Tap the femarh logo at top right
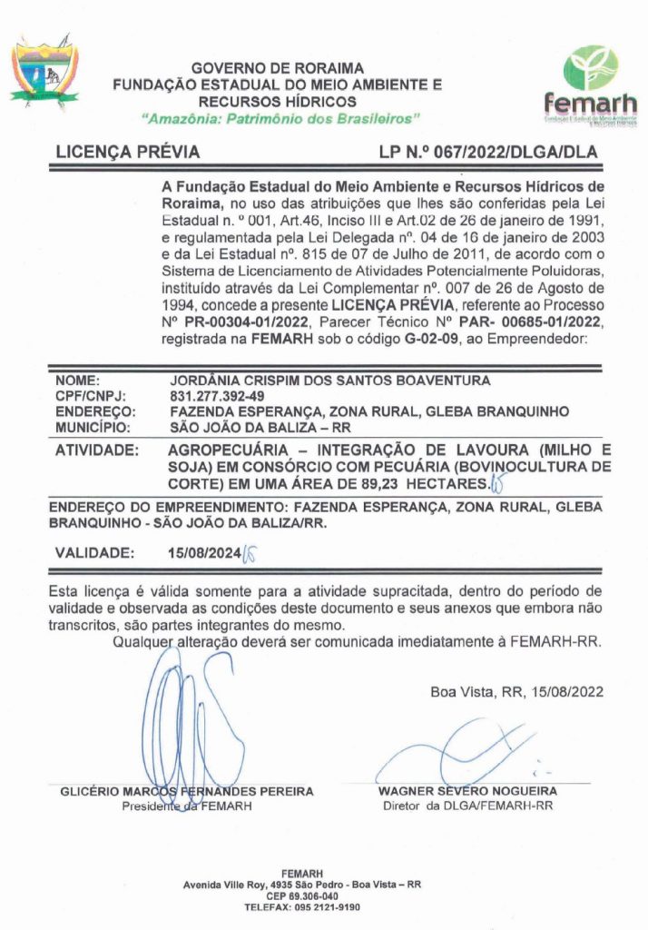point(590,85)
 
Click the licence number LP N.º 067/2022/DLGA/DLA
point(488,153)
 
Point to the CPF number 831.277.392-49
point(217,397)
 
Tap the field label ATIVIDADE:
point(97,450)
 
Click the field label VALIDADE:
point(95,551)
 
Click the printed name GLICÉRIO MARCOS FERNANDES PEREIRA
point(186,791)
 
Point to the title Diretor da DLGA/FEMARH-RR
point(467,805)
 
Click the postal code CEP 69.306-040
point(302,895)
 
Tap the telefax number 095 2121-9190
point(324,906)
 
